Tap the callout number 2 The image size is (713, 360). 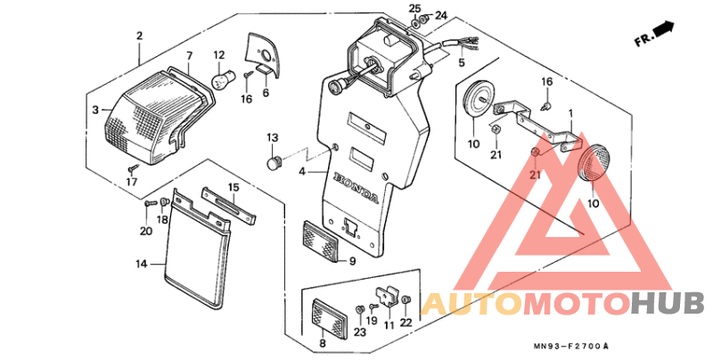pos(139,36)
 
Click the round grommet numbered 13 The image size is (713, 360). pos(274,163)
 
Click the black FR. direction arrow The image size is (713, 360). pos(663,31)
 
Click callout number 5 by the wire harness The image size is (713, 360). pos(462,63)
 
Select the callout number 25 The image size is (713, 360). pos(414,8)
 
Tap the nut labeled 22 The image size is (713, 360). pos(407,301)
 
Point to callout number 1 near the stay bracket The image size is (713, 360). pos(571,114)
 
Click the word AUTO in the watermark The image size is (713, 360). pos(471,304)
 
